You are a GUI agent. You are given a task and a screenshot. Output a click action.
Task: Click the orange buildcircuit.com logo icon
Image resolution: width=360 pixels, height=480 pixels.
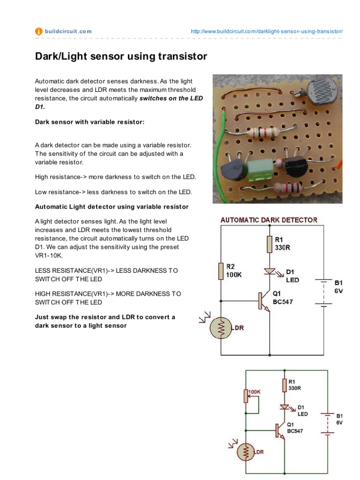[x=39, y=31]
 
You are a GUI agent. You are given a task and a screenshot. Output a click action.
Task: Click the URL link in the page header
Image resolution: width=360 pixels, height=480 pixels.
[x=267, y=31]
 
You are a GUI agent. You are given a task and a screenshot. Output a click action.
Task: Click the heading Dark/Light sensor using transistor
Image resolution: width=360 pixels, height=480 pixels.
[x=121, y=57]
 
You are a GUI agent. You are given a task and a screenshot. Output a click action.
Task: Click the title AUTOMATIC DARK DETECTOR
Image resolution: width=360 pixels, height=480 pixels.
[x=269, y=220]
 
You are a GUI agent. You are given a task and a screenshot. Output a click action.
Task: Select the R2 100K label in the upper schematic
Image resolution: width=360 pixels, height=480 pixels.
[x=234, y=271]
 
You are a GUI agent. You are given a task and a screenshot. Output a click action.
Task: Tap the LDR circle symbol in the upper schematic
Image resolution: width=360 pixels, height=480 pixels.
[x=220, y=328]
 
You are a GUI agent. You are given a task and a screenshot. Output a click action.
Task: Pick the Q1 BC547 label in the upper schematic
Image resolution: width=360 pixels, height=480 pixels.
[x=283, y=298]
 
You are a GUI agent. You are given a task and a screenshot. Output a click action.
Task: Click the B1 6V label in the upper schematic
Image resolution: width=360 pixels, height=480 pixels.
[x=338, y=286]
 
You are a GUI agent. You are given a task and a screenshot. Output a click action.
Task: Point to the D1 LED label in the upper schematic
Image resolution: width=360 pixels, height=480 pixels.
[x=293, y=276]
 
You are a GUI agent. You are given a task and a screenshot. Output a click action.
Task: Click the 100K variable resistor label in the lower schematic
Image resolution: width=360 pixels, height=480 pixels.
[x=254, y=391]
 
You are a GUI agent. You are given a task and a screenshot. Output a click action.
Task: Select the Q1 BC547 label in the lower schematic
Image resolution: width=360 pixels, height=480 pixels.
[x=295, y=428]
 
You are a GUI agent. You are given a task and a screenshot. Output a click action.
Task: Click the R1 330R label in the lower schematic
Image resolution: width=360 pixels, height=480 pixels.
[x=294, y=385]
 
